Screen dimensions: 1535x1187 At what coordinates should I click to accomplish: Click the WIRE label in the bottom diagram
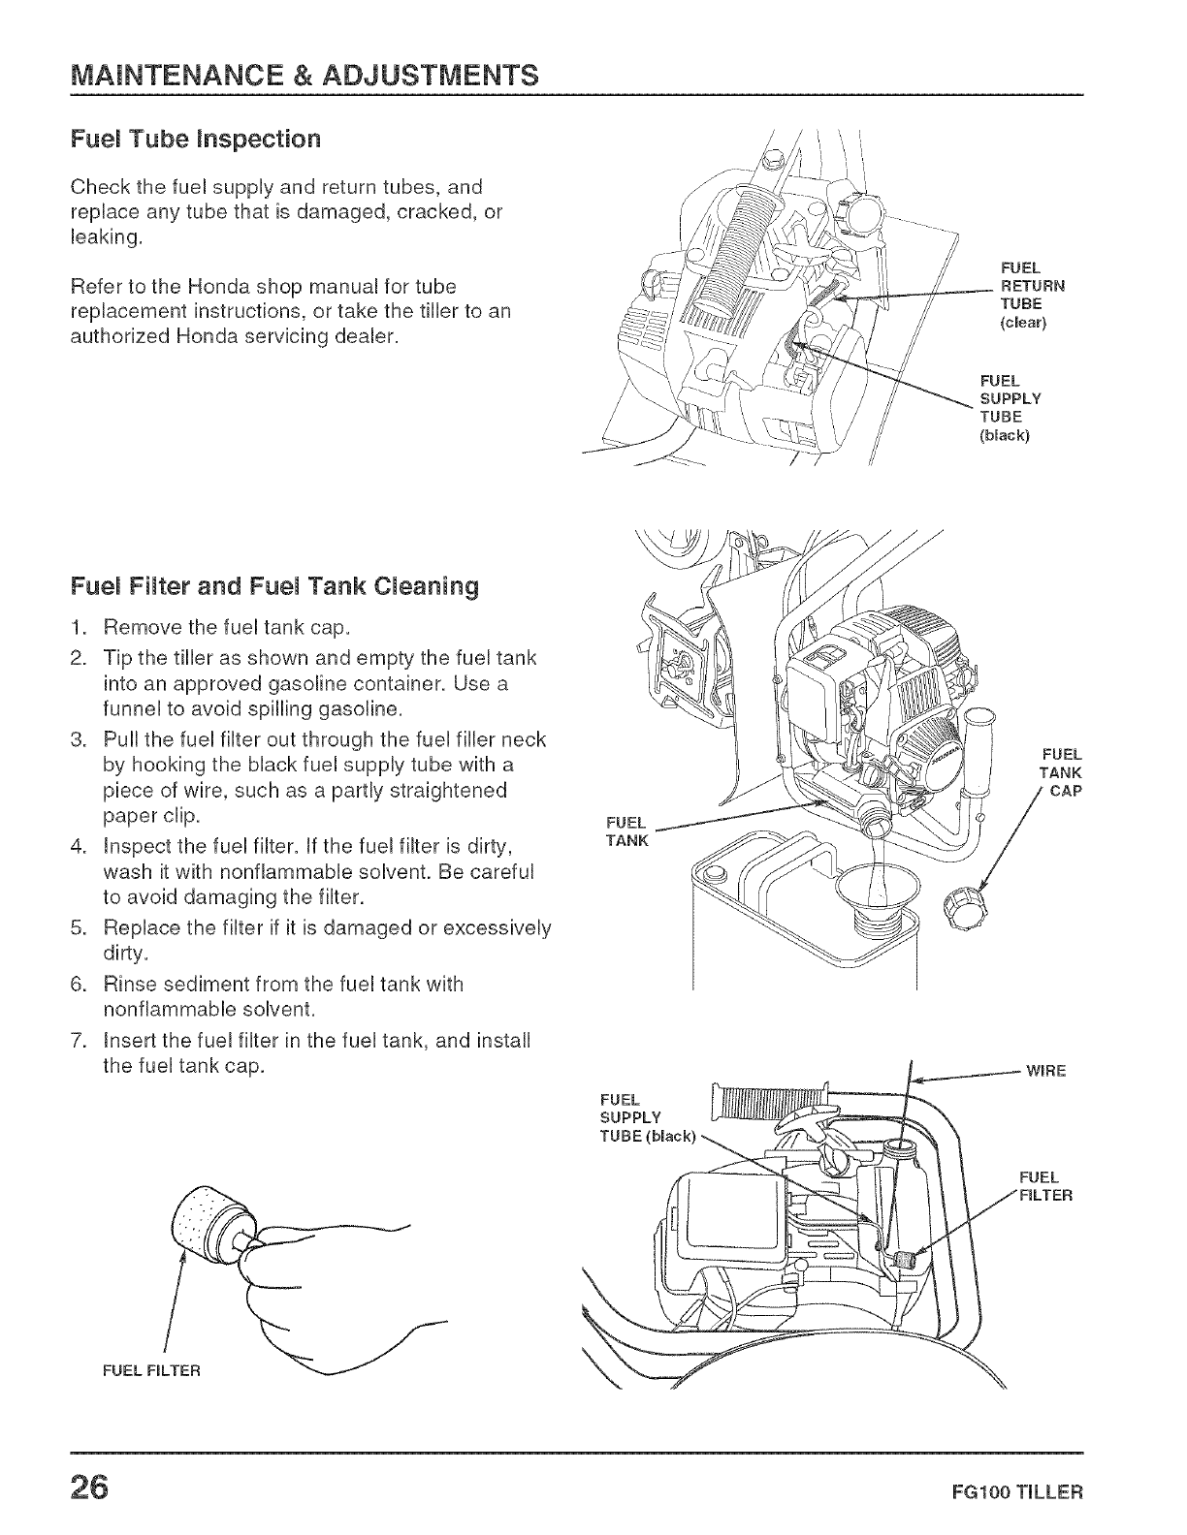pos(1046,1071)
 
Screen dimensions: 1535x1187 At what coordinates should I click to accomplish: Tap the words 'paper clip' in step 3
pos(144,815)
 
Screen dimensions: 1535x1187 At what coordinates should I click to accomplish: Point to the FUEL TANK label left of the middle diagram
pos(626,831)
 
